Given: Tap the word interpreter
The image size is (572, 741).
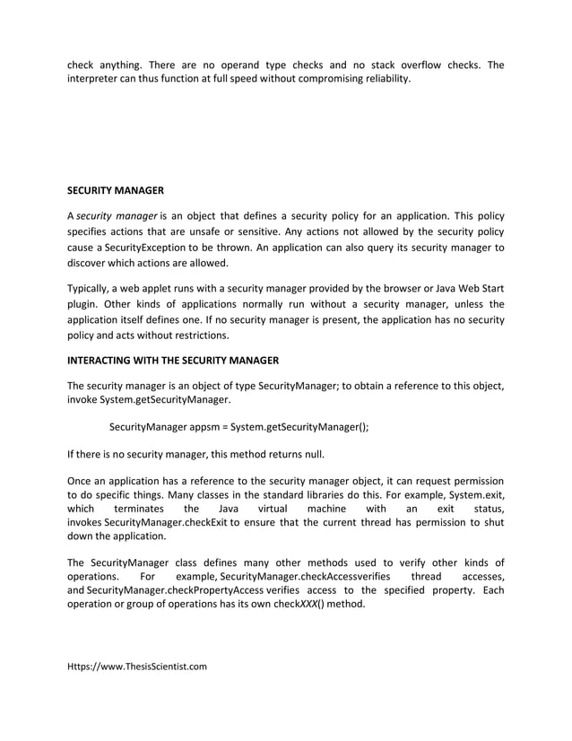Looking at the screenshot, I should click(98, 79).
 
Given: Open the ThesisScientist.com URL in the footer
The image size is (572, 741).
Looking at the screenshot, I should click(137, 667).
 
